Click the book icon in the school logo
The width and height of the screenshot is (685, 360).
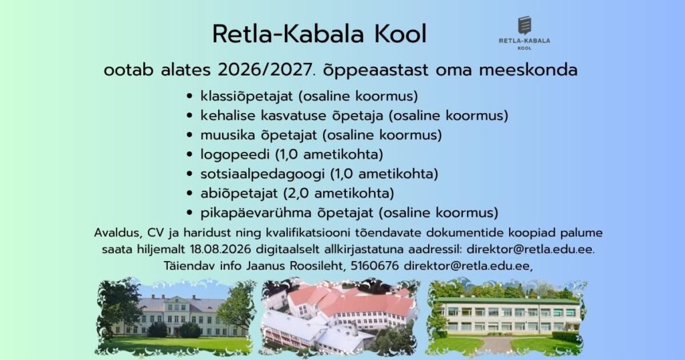[x=524, y=25]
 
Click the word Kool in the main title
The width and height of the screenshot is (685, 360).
[x=400, y=34]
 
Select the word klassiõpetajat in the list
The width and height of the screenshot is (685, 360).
[x=249, y=96]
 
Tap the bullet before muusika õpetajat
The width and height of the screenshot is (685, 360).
[x=189, y=135]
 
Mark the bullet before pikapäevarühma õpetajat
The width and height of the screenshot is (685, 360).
[x=189, y=213]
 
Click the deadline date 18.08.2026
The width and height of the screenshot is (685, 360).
[x=220, y=250]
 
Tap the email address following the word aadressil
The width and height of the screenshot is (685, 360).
[x=530, y=250]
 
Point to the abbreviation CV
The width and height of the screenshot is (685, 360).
[x=155, y=233]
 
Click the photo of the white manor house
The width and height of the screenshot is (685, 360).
[x=175, y=317]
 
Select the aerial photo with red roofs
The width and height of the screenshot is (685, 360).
[x=339, y=317]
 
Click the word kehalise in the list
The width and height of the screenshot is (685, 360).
[x=228, y=116]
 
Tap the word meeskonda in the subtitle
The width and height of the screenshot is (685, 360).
[x=528, y=70]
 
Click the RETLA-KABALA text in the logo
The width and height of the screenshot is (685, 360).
[x=524, y=41]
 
